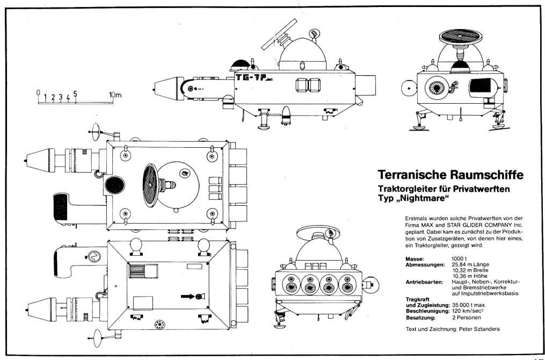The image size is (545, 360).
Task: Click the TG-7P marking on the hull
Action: pos(255,78)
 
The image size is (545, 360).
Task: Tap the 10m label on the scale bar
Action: pos(115,95)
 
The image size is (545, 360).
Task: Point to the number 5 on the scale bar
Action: pos(76,93)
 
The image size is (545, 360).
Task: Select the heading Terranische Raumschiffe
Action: pos(450,175)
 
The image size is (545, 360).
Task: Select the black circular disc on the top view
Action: pos(114,186)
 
